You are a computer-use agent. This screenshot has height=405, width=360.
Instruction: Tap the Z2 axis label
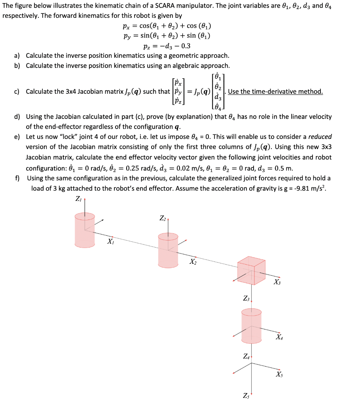(163, 218)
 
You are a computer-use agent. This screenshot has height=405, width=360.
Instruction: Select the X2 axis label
(193, 261)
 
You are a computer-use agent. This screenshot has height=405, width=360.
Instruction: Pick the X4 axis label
(280, 337)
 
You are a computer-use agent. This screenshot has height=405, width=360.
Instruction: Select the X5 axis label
(280, 374)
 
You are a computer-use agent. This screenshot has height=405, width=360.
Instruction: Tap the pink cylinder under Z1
(85, 229)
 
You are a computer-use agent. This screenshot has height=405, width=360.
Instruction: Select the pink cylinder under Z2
(168, 246)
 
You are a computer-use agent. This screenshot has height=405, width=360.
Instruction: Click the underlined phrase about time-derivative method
(275, 92)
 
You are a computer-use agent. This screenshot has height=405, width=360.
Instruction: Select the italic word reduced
(320, 136)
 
